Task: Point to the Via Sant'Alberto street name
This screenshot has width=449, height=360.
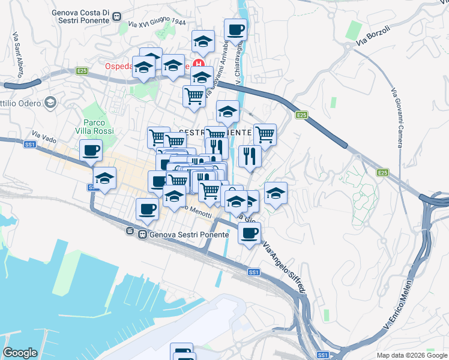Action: coord(16,54)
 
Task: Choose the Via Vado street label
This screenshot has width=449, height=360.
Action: coord(44,137)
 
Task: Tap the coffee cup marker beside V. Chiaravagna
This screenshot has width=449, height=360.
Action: coord(235,29)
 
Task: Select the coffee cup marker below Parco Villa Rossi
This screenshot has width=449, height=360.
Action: coord(91,150)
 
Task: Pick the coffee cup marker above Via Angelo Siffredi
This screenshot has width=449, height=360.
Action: coord(249,233)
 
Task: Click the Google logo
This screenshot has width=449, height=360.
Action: coord(20,353)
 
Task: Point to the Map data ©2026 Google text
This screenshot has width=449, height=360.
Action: coord(411,355)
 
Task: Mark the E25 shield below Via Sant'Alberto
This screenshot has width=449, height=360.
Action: coord(82,71)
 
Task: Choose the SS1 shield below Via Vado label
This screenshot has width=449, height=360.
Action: coord(29,145)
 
